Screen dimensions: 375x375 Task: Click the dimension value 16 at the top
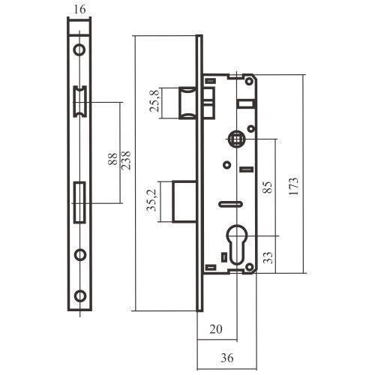point(80,10)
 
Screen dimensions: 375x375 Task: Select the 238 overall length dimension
point(126,160)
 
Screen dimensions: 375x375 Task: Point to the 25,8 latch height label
point(154,101)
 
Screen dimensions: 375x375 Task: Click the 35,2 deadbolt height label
point(151,200)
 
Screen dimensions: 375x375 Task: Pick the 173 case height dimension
point(294,186)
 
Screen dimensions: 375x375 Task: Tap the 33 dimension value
point(268,257)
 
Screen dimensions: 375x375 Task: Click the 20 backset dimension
point(216,329)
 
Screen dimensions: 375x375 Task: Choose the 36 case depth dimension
point(227,358)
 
